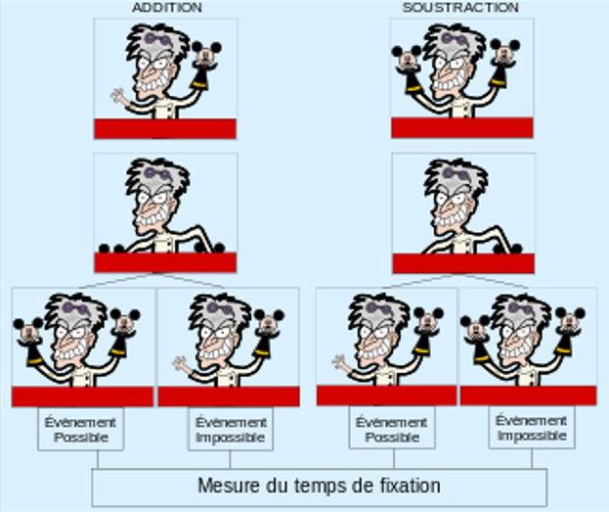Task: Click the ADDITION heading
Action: click(166, 7)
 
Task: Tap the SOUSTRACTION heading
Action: click(461, 7)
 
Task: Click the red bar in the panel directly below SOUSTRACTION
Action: click(461, 127)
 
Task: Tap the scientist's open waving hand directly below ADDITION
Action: click(121, 97)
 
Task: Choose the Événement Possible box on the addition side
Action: click(81, 430)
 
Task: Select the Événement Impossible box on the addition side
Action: click(230, 430)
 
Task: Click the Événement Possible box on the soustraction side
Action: click(390, 430)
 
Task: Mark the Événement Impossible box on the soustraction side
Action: click(532, 430)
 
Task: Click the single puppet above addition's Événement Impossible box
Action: click(268, 326)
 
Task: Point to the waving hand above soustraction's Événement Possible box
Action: click(340, 364)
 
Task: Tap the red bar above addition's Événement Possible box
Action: click(82, 396)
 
